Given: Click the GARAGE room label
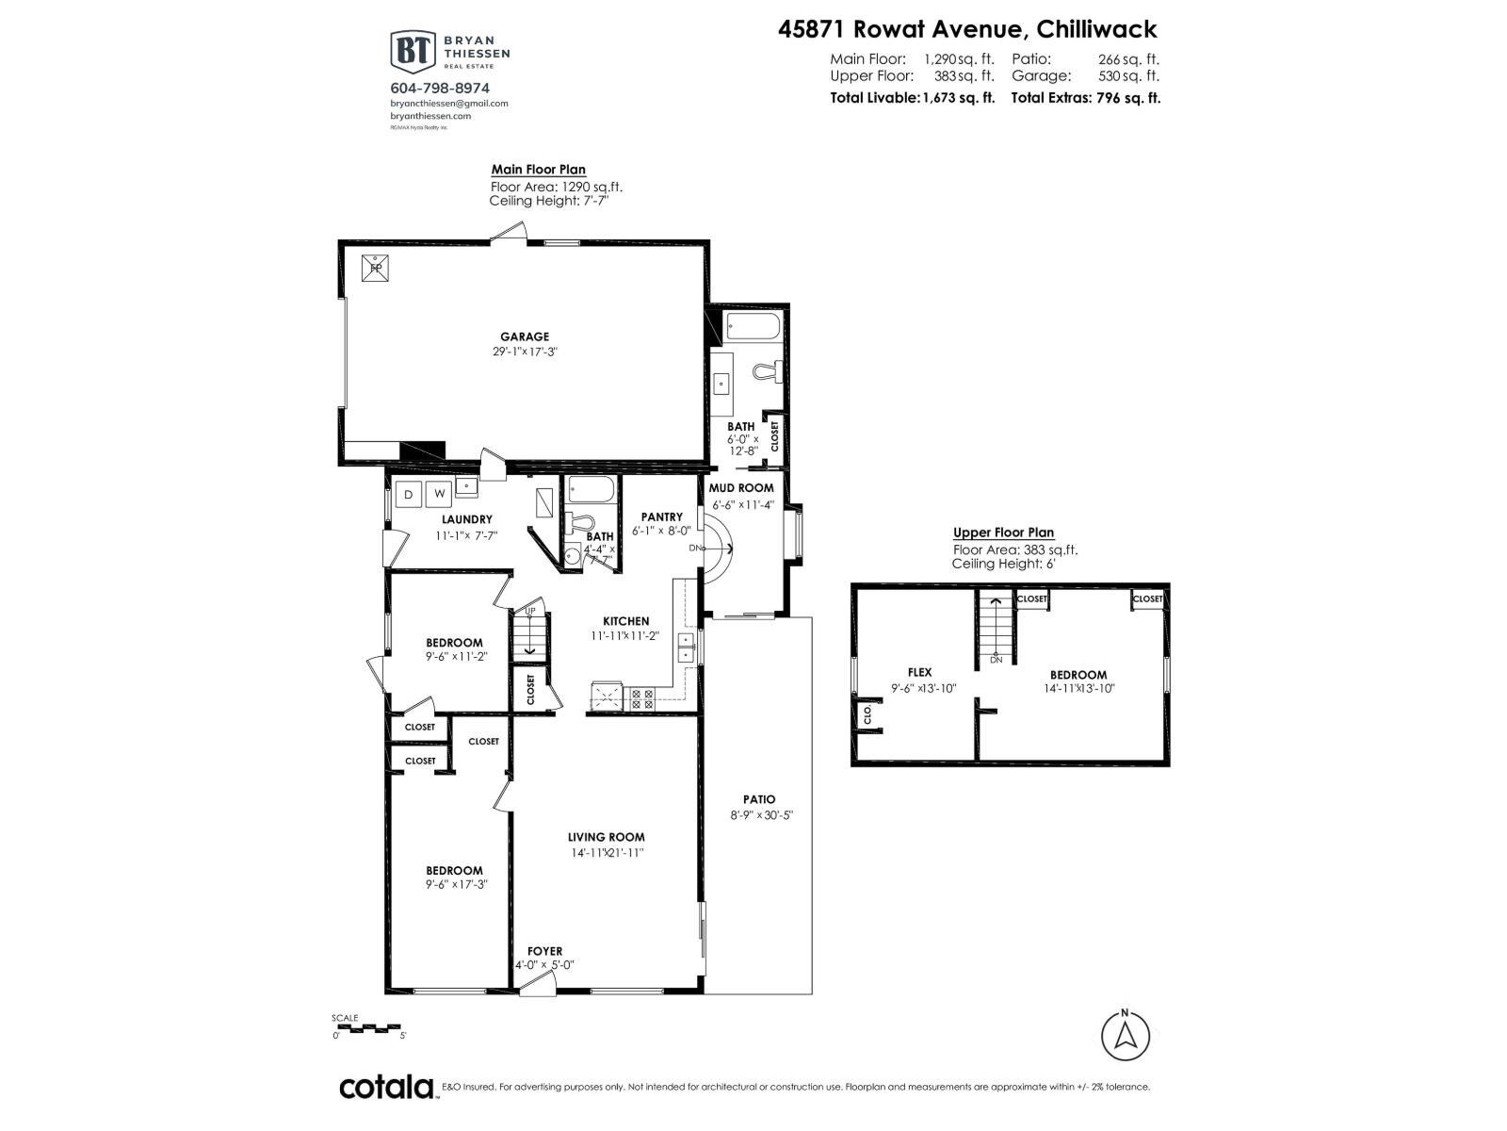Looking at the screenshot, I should click(x=525, y=336).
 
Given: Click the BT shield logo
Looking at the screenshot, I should click(x=412, y=51).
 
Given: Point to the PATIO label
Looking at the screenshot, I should click(x=758, y=799).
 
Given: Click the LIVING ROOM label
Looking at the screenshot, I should click(x=606, y=837).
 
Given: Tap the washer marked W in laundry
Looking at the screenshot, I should click(x=439, y=493).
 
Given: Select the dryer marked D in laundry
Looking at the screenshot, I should click(x=411, y=493).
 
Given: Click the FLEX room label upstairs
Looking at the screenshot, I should click(x=919, y=672).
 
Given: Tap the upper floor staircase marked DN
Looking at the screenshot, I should click(x=993, y=626).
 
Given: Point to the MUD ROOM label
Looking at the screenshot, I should click(x=741, y=488).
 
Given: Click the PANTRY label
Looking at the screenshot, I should click(x=661, y=516).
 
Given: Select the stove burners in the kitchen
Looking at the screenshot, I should click(x=641, y=698).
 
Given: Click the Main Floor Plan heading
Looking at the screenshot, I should click(x=538, y=170).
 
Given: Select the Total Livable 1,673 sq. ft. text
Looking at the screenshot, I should click(x=912, y=97).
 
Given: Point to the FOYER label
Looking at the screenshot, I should click(x=544, y=951).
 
